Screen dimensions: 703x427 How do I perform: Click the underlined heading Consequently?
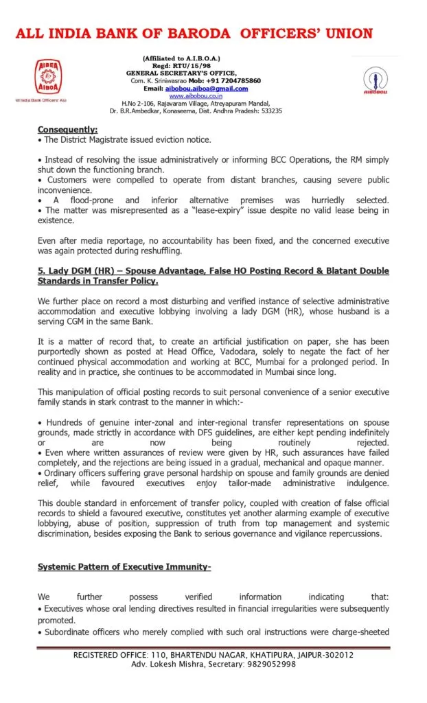point(67,129)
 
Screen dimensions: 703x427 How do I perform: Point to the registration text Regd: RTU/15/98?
point(181,66)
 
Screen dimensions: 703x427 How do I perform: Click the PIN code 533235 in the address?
point(270,111)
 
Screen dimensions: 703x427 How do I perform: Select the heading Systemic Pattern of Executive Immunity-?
point(124,566)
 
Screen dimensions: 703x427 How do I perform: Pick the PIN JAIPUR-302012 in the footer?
point(321,654)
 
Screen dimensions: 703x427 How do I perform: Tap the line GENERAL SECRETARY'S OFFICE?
point(181,73)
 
